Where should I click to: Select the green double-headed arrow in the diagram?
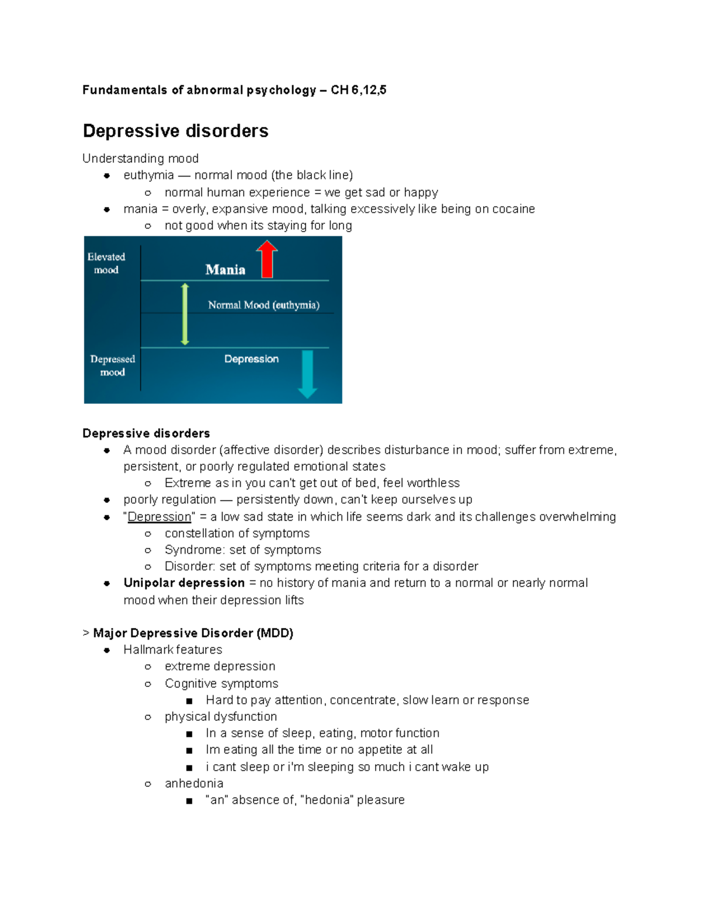point(185,314)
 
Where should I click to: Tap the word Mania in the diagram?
point(225,270)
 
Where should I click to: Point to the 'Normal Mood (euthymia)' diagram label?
point(263,305)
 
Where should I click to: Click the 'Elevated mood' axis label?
point(106,263)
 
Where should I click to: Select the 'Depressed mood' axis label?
point(112,365)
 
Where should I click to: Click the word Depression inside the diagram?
point(251,359)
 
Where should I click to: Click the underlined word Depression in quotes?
point(159,517)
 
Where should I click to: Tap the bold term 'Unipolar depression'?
point(184,583)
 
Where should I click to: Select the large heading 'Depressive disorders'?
point(175,131)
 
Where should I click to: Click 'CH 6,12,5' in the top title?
point(358,90)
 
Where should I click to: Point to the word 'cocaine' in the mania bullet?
point(513,209)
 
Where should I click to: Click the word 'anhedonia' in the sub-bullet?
point(194,783)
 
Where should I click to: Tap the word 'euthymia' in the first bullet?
point(148,175)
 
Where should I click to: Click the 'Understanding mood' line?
point(140,158)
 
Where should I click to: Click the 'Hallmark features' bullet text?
point(173,650)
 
